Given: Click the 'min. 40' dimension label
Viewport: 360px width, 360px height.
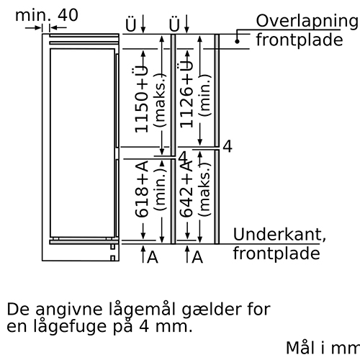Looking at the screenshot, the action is point(47,15).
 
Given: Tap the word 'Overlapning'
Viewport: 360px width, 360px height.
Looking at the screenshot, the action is point(307,22).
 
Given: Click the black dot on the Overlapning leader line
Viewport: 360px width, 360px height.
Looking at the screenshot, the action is point(237,42).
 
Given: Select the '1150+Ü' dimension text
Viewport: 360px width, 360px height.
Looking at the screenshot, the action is point(140,99).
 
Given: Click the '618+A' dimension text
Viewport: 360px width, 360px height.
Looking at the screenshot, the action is point(141,189).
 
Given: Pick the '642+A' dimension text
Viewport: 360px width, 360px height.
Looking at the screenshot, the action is point(186,188).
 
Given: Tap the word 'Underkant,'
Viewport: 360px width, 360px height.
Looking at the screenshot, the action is point(279,235).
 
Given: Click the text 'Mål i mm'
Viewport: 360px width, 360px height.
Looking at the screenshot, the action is point(323,348).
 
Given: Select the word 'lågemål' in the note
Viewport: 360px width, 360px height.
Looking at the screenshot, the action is point(143,310).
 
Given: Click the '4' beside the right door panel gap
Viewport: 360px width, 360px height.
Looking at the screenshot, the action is point(228,146).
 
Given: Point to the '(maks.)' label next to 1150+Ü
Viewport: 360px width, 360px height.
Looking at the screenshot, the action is point(160,100).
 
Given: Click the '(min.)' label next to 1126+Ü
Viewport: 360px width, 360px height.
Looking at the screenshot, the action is point(204,96).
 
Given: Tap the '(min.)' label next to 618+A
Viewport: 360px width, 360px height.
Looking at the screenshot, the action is point(160,189).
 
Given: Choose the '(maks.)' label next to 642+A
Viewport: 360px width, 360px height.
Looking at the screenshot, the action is point(204,189).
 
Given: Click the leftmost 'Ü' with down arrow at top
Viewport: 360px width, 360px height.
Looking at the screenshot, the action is point(135,24).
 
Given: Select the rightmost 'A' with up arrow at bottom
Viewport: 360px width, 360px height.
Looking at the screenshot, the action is point(194,255).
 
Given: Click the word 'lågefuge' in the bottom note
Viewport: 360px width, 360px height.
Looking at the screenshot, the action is point(70,327).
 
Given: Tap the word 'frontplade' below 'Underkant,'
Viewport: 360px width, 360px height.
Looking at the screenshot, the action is point(276,253).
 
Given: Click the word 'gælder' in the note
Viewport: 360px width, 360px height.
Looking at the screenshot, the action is point(212,310).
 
